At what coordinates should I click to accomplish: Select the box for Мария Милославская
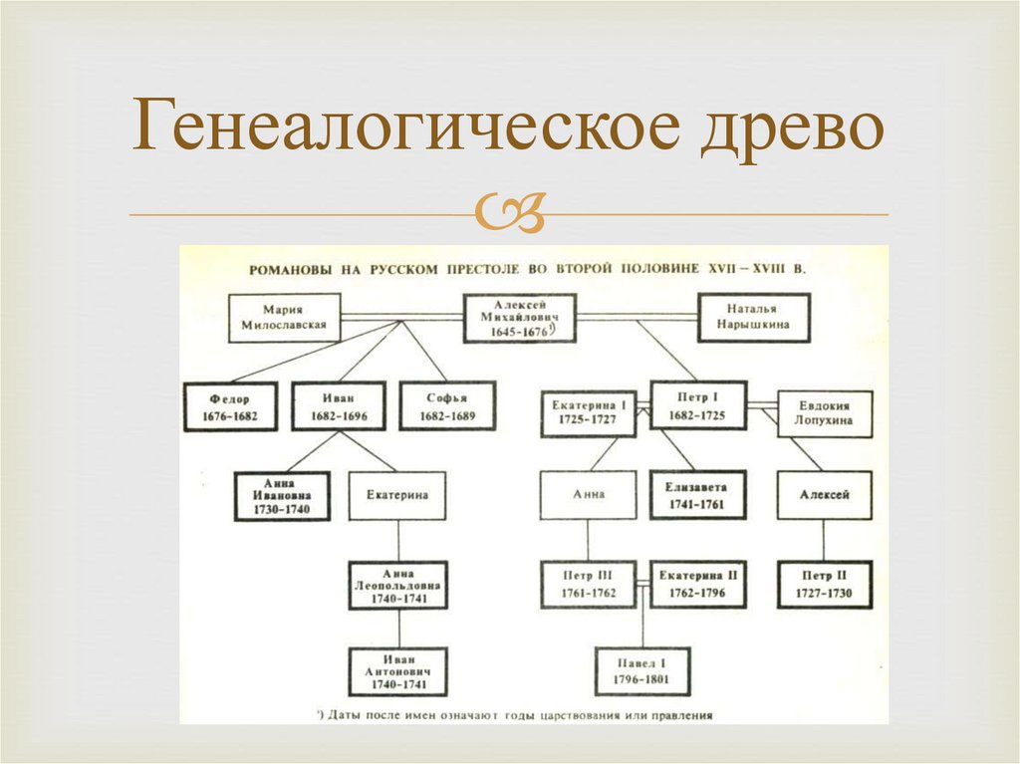284,317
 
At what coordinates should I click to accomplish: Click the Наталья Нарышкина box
754,317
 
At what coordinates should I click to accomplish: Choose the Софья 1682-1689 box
447,405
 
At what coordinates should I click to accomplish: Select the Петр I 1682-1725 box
697,404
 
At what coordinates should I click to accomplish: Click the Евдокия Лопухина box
825,413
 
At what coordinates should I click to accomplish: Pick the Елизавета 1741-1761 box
697,494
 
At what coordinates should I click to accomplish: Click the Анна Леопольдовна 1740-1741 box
398,585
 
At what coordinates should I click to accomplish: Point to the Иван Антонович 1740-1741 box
398,671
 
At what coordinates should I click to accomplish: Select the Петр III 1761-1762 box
590,585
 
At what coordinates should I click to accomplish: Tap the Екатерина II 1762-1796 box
697,585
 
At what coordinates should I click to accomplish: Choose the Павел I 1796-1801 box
642,671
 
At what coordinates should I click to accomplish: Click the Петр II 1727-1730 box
825,585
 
